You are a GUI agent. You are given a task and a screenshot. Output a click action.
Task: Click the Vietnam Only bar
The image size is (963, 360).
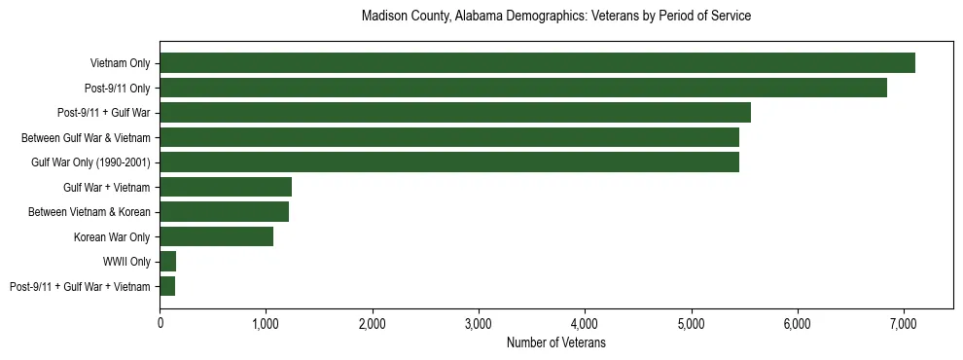(537, 63)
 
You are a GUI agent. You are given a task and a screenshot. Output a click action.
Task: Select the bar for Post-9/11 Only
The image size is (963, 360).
(523, 89)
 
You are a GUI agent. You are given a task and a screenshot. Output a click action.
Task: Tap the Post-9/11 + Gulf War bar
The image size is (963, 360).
(455, 113)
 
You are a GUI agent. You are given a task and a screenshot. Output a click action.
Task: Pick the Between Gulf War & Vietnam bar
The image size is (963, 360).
(449, 138)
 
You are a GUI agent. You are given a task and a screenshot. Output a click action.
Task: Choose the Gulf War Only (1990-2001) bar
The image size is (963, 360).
(449, 162)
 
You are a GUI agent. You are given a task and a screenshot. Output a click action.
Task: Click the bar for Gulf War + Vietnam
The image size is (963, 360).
(226, 188)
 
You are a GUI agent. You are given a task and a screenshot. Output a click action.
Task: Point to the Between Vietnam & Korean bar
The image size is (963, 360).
(225, 212)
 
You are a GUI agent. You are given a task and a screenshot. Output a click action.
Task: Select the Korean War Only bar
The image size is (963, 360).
(217, 236)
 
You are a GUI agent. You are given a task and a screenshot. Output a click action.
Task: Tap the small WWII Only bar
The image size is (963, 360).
(168, 262)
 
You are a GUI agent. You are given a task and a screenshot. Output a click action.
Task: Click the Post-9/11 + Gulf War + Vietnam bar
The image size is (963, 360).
(167, 286)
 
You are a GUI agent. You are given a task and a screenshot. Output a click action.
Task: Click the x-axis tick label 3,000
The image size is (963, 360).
(479, 324)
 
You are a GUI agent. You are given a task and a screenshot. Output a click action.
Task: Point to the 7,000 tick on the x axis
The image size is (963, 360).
(903, 324)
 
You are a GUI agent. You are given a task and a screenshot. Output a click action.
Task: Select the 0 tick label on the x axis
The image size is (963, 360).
(160, 324)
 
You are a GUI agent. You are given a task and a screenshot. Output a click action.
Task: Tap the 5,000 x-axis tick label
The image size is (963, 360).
(691, 324)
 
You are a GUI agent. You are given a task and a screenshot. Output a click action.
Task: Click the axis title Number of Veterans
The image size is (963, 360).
(556, 342)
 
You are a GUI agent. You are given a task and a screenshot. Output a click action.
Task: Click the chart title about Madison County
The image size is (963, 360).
(555, 17)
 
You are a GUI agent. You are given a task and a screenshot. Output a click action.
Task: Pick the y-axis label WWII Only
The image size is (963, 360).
(126, 262)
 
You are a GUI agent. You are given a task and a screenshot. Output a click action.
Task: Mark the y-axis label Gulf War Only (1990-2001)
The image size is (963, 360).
(90, 162)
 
